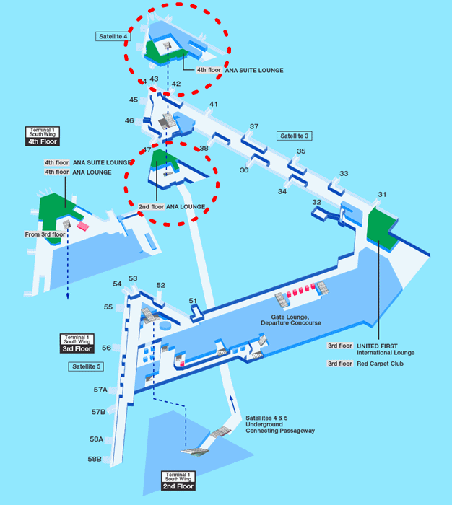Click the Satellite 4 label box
[x=111, y=35]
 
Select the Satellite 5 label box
[x=87, y=366]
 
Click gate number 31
[x=382, y=194]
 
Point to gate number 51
[x=193, y=300]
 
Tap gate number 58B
[x=95, y=459]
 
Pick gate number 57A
[x=100, y=390]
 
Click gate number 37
[x=253, y=127]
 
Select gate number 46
[x=129, y=120]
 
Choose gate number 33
[x=344, y=173]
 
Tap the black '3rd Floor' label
[x=77, y=348]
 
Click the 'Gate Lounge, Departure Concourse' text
[x=291, y=320]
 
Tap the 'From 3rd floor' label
[x=45, y=234]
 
